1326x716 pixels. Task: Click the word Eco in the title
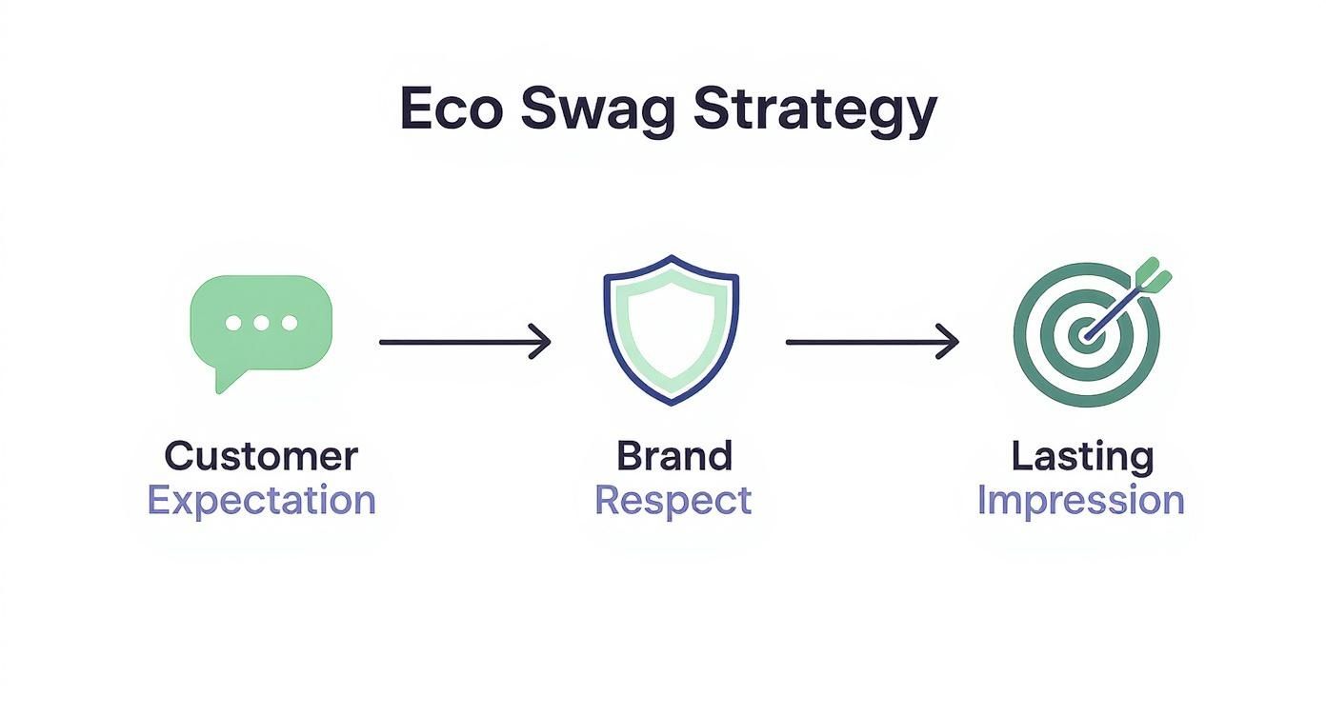click(451, 109)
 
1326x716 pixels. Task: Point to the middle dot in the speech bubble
click(261, 323)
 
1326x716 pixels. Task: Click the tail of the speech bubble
click(226, 380)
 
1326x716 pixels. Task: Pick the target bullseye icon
click(1086, 333)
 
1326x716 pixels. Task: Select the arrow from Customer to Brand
click(465, 341)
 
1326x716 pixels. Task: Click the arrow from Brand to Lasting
click(872, 341)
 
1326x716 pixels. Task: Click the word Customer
click(261, 456)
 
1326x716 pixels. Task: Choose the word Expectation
click(261, 500)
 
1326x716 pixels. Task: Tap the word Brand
click(673, 456)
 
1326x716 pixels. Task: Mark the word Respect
click(673, 500)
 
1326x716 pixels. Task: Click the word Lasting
click(1081, 456)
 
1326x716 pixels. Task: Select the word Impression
click(1081, 500)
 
